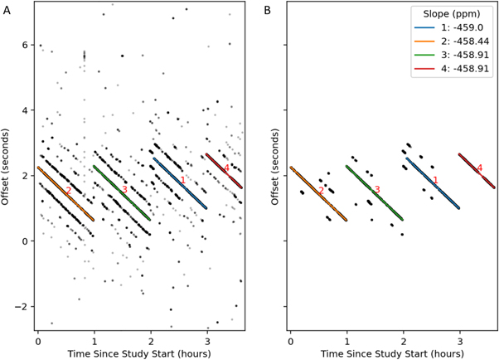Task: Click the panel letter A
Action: pos(7,10)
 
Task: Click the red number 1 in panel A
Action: pos(182,181)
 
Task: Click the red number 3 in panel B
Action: pos(377,190)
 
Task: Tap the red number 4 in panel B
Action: pos(479,168)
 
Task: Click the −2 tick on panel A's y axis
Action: pos(23,306)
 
